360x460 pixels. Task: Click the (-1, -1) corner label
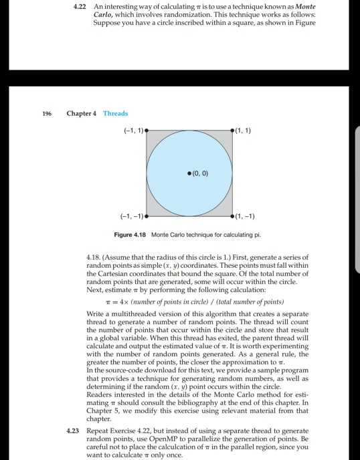click(x=128, y=216)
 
